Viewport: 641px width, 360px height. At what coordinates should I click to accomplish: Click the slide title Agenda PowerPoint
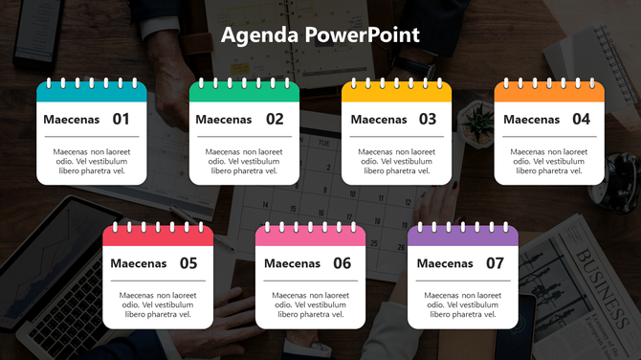320,35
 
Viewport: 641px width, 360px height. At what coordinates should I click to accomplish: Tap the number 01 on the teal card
121,120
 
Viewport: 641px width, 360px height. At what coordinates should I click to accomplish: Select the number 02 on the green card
275,120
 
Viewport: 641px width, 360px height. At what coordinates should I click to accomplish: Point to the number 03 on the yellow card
427,120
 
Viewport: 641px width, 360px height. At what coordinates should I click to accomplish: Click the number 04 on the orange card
581,120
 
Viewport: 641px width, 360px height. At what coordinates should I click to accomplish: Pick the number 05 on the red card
188,263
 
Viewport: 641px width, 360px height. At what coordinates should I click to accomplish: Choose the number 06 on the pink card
342,263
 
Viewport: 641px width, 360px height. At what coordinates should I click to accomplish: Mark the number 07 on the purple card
495,263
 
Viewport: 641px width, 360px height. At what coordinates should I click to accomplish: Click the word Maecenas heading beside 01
71,120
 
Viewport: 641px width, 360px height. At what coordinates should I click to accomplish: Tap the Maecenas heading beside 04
531,120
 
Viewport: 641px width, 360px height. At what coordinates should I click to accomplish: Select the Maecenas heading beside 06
292,263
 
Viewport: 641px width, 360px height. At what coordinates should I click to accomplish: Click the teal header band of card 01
92,94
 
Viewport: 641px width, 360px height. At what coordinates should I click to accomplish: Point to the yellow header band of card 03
397,94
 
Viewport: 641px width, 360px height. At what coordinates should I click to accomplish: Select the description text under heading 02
244,161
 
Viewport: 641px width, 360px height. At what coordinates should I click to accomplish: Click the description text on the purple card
463,304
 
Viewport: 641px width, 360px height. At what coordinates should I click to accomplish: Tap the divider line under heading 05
158,281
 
